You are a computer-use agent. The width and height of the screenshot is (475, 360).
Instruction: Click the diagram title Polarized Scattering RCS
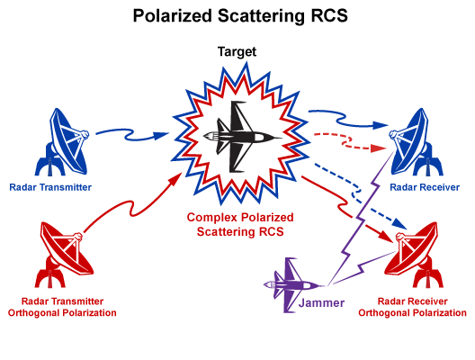[240, 16]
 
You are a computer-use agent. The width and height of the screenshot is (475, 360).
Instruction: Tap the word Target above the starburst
[237, 52]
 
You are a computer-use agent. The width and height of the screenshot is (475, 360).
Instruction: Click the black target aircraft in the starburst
[241, 136]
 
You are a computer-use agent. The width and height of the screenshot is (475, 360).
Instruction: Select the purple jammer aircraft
[291, 284]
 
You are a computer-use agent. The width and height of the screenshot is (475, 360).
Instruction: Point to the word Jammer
[321, 302]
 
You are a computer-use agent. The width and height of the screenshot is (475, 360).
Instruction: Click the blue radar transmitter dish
[63, 142]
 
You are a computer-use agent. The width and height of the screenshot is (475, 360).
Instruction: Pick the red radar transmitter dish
[65, 256]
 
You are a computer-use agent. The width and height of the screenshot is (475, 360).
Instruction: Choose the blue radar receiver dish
[416, 142]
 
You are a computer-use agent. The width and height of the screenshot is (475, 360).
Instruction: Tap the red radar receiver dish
[414, 256]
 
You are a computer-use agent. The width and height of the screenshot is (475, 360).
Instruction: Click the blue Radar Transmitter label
[50, 187]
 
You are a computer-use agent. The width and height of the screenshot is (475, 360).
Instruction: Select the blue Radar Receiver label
[425, 187]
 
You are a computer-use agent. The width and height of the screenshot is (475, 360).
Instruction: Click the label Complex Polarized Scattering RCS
[240, 224]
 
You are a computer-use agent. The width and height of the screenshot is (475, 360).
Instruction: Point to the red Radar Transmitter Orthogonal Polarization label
[62, 307]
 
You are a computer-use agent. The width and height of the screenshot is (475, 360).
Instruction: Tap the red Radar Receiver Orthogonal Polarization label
[412, 307]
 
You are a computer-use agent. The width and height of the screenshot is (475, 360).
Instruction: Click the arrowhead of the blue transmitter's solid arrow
[161, 135]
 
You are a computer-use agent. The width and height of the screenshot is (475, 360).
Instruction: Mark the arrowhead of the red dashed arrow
[379, 148]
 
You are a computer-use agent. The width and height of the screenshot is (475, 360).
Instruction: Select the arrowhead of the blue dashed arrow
[399, 224]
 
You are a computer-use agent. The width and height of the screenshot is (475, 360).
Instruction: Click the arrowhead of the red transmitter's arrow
[176, 179]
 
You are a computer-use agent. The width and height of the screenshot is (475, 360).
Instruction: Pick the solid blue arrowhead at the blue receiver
[381, 125]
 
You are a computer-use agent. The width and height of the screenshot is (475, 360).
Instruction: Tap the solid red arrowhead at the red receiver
[388, 237]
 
